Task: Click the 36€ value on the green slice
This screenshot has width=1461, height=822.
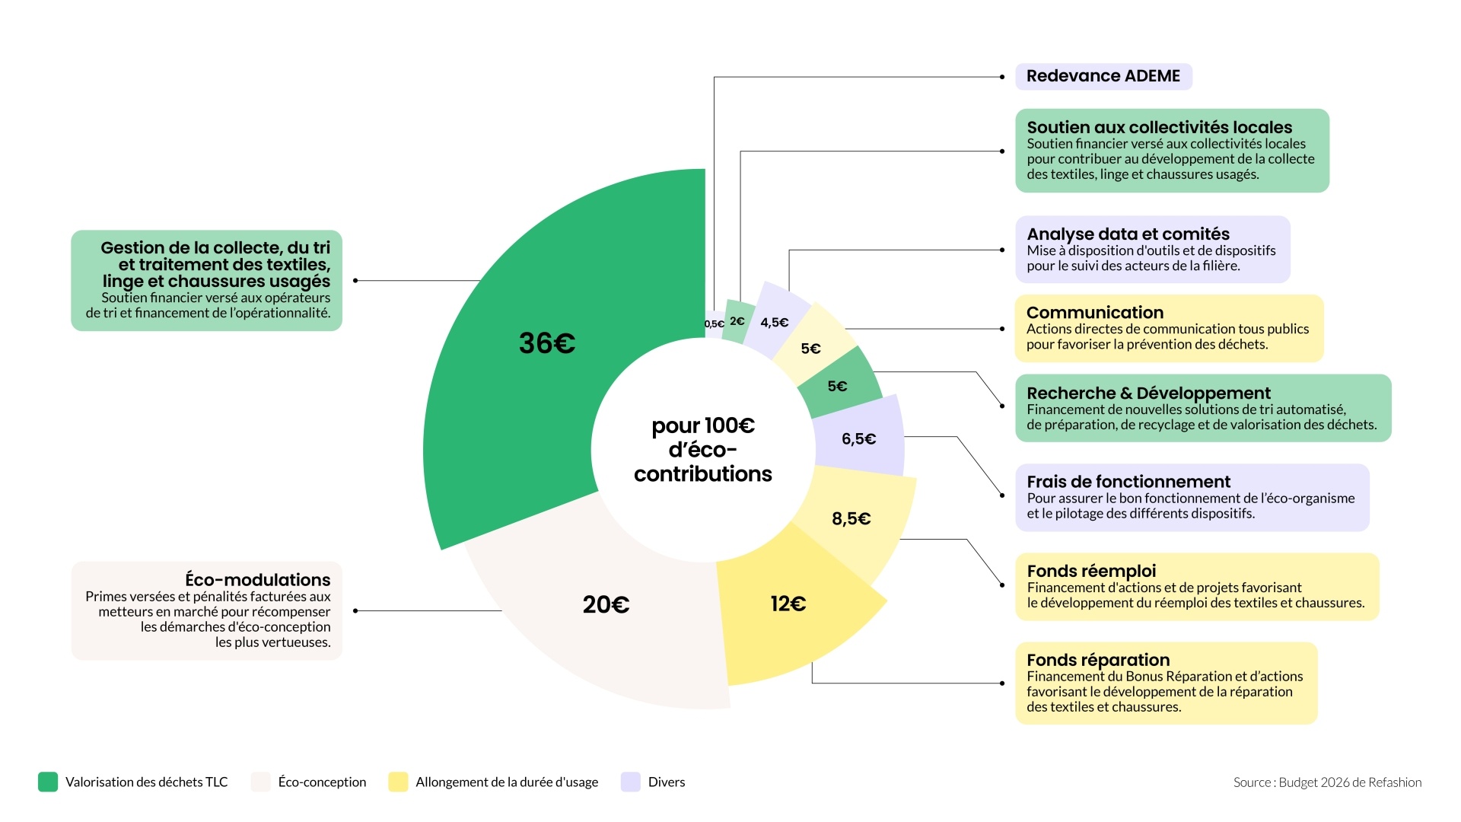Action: click(x=546, y=343)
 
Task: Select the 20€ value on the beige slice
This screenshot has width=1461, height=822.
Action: click(x=606, y=604)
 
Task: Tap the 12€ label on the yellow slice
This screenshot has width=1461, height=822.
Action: click(x=788, y=604)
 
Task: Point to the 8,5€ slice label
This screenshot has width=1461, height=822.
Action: click(x=851, y=518)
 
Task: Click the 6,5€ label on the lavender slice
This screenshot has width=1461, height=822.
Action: click(x=858, y=438)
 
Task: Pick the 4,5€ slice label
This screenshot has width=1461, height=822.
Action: click(x=774, y=322)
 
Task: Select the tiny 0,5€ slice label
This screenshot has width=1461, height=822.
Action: click(x=714, y=324)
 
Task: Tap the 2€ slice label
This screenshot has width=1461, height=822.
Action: click(x=737, y=321)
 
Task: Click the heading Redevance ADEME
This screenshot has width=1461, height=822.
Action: click(x=1103, y=76)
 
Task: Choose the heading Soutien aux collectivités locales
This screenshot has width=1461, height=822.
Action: click(x=1159, y=127)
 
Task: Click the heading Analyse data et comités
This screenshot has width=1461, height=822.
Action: click(x=1128, y=234)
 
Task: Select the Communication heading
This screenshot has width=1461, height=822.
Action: click(x=1094, y=312)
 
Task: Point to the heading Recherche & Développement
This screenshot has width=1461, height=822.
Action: click(x=1148, y=393)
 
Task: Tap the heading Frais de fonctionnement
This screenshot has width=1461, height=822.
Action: click(x=1128, y=481)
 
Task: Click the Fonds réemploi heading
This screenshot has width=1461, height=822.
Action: click(x=1090, y=571)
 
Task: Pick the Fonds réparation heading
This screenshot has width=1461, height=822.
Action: click(x=1097, y=660)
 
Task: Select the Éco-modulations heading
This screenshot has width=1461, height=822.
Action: click(x=257, y=579)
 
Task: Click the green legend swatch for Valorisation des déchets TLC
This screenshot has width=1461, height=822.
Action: click(x=48, y=782)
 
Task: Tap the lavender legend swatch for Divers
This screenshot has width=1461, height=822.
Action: click(x=631, y=782)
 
